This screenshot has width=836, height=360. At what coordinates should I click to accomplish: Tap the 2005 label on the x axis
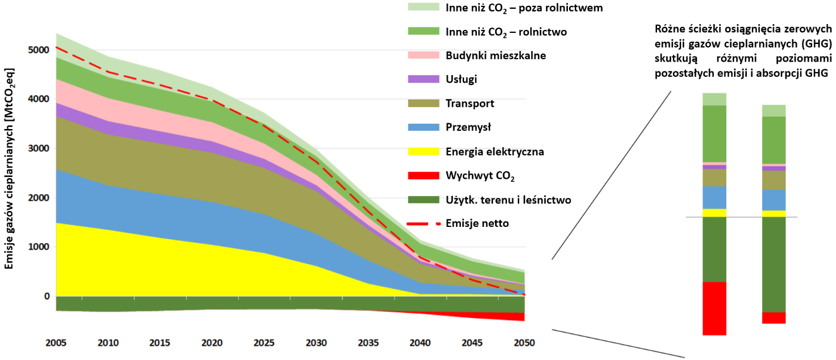click(x=56, y=342)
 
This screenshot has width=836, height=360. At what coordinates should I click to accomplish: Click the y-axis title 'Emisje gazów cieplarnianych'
click(x=10, y=169)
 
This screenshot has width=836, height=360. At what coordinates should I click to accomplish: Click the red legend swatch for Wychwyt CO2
click(x=422, y=175)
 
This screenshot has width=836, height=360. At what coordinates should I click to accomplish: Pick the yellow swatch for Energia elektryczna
click(x=422, y=151)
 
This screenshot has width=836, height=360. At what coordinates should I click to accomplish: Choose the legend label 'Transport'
click(x=470, y=104)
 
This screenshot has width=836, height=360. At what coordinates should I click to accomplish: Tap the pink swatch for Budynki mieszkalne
click(x=422, y=56)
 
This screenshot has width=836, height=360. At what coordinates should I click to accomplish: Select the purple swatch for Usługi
click(x=422, y=79)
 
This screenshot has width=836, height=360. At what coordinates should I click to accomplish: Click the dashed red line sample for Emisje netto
click(x=422, y=223)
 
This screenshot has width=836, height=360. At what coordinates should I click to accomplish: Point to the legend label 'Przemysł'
click(x=469, y=127)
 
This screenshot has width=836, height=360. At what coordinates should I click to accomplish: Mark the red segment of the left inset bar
click(x=714, y=308)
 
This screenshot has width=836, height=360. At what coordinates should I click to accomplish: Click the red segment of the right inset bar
click(x=773, y=318)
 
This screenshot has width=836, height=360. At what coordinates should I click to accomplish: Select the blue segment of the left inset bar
click(x=714, y=198)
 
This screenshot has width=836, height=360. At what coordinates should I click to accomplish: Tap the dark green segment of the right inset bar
click(x=773, y=264)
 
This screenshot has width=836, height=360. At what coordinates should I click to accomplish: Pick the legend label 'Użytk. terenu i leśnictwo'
click(x=508, y=199)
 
